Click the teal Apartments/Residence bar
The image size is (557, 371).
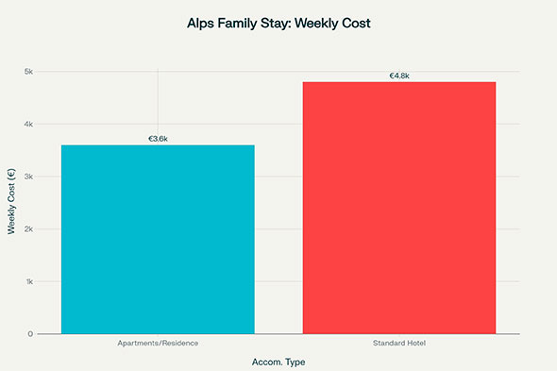[x=158, y=239]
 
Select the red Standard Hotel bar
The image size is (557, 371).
[x=398, y=208]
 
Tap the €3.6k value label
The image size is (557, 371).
[x=158, y=139]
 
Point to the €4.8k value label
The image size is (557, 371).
[x=398, y=76]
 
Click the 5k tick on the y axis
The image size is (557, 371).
[x=28, y=72]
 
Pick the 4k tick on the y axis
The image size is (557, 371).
[x=28, y=124]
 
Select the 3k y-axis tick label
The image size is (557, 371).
[x=28, y=177]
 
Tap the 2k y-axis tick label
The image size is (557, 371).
[x=28, y=229]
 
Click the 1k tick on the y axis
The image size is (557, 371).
[x=28, y=281]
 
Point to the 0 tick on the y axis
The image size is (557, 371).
[x=30, y=334]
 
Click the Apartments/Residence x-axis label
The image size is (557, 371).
[x=158, y=343]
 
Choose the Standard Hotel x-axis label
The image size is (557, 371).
[x=398, y=343]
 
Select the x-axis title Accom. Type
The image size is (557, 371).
[x=278, y=362]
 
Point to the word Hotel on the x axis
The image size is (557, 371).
[x=415, y=343]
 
